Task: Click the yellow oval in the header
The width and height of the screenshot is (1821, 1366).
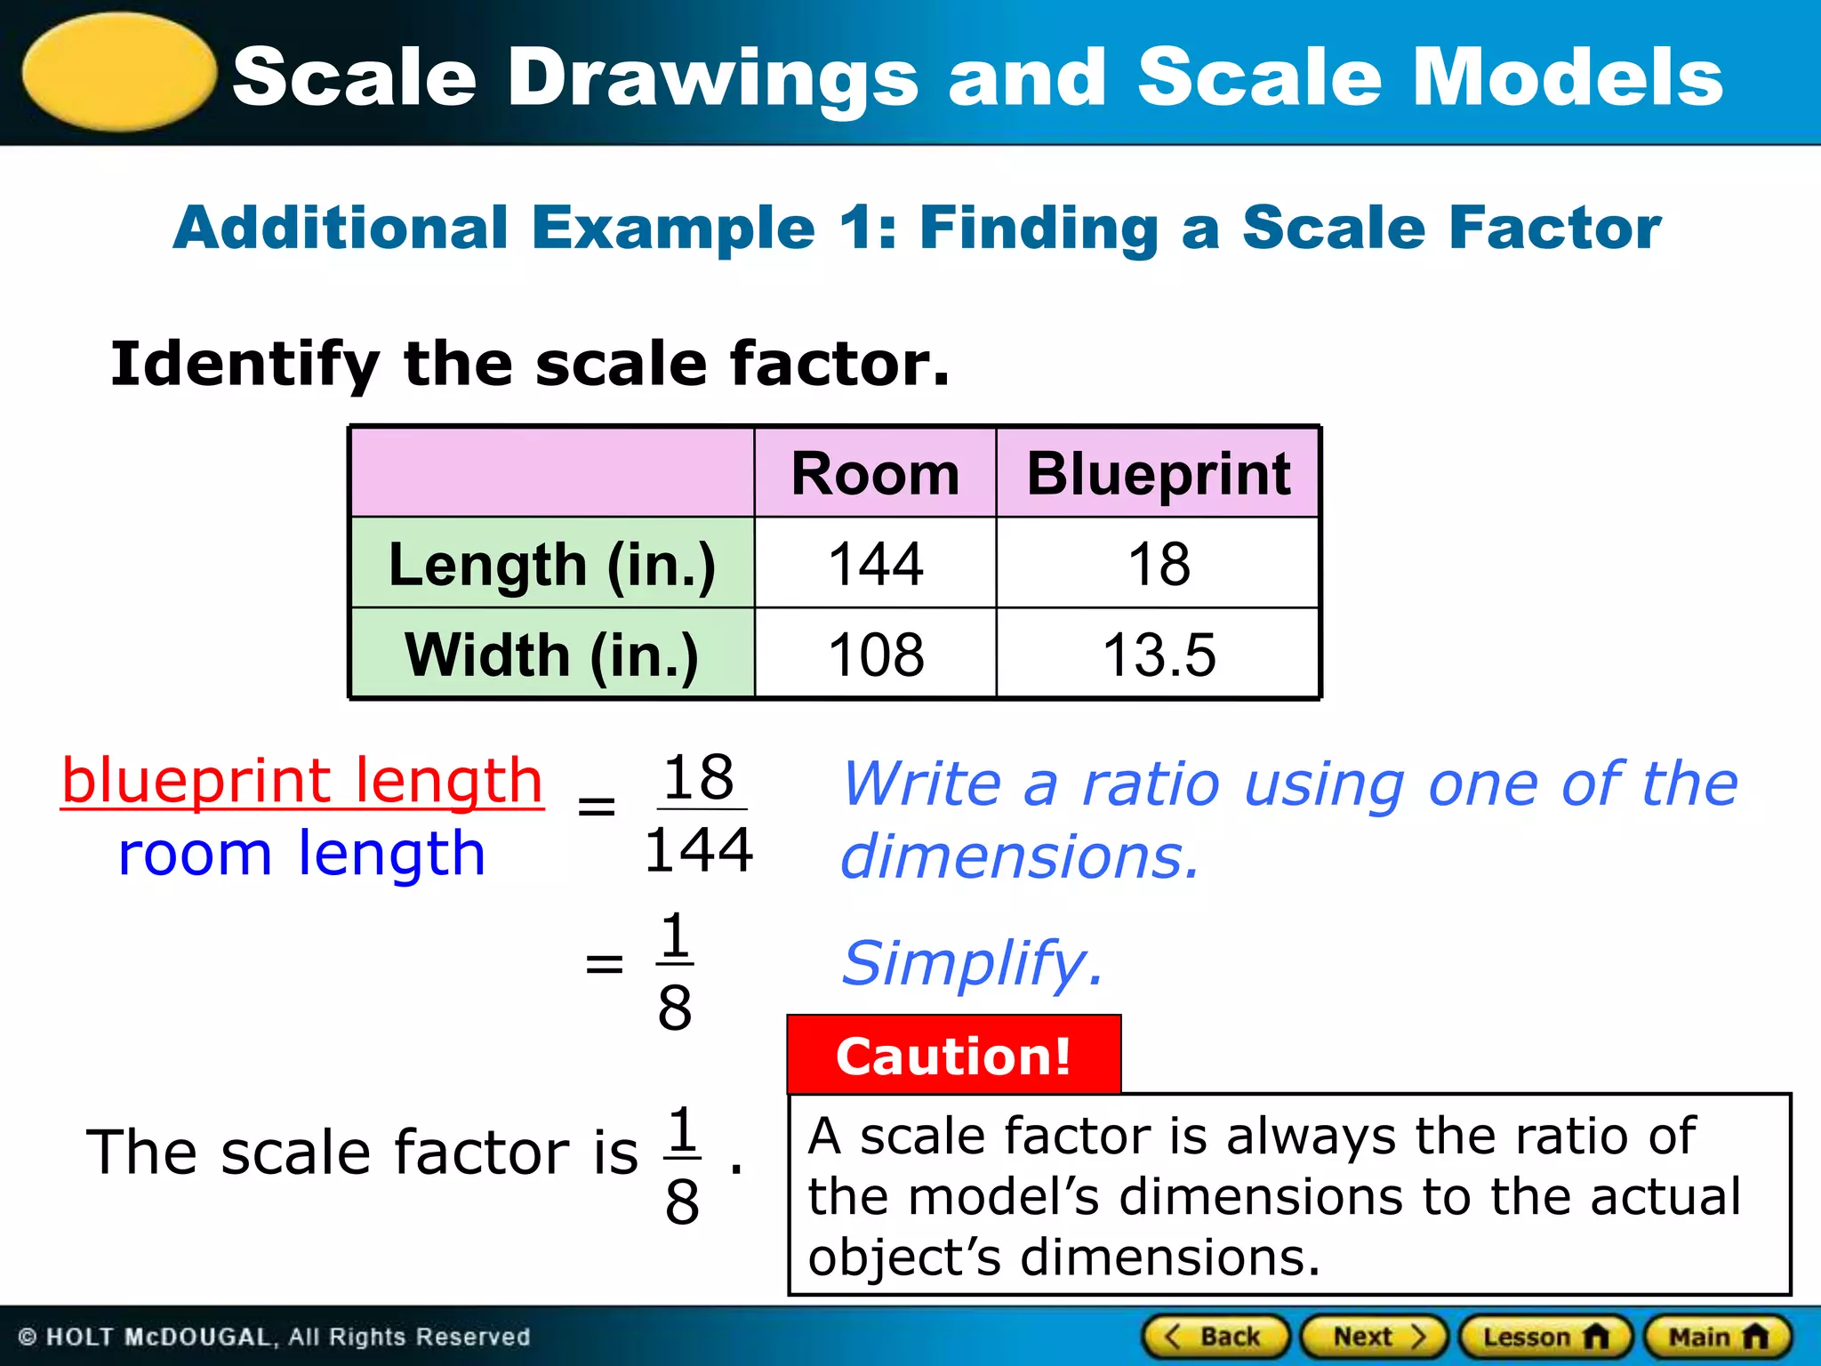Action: tap(119, 72)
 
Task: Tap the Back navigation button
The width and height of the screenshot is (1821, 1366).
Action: tap(1215, 1337)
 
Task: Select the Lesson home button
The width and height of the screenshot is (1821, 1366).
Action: tap(1545, 1337)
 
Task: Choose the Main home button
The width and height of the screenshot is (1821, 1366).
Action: tap(1717, 1337)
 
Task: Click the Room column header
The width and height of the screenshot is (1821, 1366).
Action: tap(875, 473)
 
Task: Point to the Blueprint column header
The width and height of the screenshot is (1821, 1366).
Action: tap(1158, 473)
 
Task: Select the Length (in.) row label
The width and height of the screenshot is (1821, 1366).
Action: tap(552, 564)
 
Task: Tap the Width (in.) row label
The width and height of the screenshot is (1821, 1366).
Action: tap(552, 655)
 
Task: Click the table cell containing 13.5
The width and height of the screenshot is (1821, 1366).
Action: tap(1158, 655)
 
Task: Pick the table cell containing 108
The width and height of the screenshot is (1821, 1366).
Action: tap(875, 655)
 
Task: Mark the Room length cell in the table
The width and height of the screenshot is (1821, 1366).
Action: tap(875, 564)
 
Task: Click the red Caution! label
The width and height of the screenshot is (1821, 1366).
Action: tap(953, 1056)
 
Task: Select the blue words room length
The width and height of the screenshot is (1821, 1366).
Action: tap(302, 854)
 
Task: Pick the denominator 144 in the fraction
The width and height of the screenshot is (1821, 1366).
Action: tap(699, 850)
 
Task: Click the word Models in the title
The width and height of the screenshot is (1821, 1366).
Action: tap(1568, 77)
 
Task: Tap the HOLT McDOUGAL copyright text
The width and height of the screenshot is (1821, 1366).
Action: tap(274, 1338)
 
